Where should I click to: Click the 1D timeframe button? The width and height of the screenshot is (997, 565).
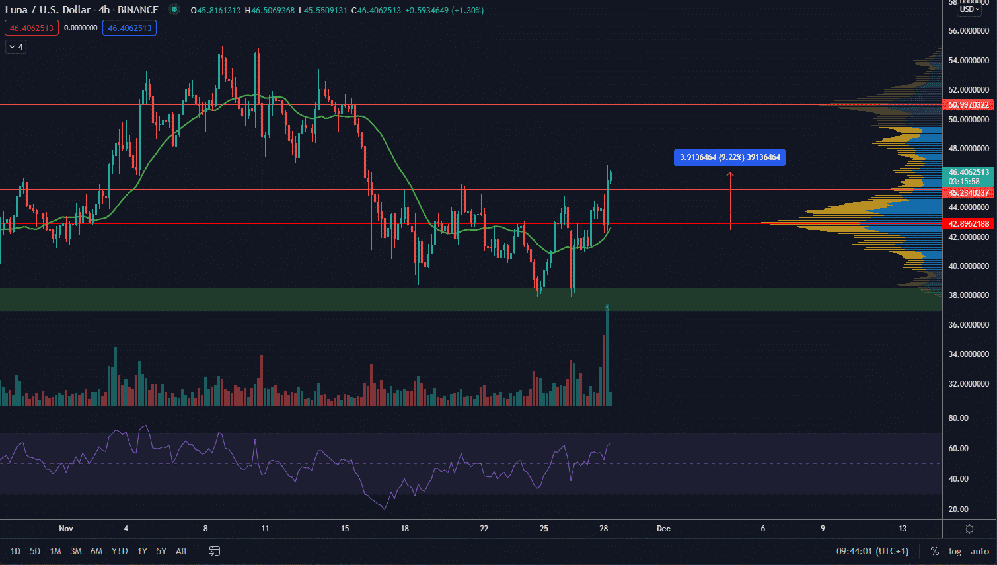(x=15, y=551)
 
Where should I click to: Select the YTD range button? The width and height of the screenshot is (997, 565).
(x=120, y=551)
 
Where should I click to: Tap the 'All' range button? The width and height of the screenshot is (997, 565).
(x=181, y=551)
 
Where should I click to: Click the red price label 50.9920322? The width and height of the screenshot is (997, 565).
(x=969, y=105)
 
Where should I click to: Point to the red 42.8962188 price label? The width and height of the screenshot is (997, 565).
(x=969, y=224)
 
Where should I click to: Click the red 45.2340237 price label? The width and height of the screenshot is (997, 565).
(x=969, y=193)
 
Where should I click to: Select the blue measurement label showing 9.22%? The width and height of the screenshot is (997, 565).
(x=730, y=157)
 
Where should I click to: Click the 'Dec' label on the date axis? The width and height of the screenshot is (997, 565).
(x=663, y=529)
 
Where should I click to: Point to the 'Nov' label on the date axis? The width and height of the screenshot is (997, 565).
(x=66, y=529)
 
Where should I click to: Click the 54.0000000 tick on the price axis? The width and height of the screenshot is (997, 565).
(x=969, y=61)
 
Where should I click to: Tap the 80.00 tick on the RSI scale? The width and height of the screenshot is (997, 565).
(x=959, y=418)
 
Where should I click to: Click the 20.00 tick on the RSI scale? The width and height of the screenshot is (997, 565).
(x=959, y=509)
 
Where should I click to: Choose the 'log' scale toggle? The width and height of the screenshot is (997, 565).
(x=955, y=551)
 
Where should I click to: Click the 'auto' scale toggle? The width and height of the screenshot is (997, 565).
(x=980, y=551)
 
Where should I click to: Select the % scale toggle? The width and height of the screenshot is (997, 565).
(x=935, y=551)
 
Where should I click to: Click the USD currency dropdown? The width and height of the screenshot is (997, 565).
(x=969, y=9)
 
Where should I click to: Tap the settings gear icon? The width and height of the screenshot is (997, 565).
(x=969, y=529)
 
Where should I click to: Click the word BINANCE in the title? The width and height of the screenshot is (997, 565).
(x=138, y=10)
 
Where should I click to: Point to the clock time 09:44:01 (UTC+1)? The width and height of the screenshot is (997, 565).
(x=872, y=551)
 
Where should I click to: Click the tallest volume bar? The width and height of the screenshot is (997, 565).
(x=607, y=357)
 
